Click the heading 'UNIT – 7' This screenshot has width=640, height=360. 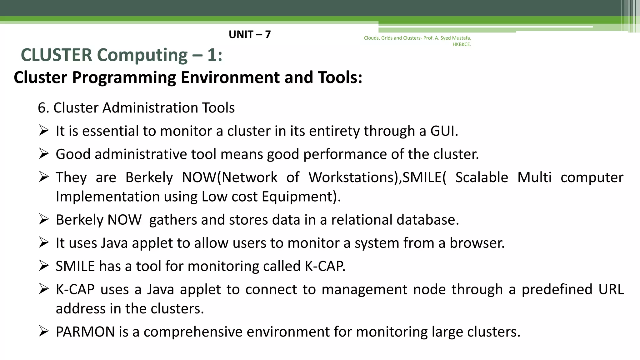(249, 34)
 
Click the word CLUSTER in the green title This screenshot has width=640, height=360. (57, 55)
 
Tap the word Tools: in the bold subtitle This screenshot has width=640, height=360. (340, 77)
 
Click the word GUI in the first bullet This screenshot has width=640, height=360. (443, 131)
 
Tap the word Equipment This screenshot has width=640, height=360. (301, 197)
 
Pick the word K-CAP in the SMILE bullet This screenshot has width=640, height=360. (325, 266)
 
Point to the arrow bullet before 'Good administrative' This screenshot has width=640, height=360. (44, 154)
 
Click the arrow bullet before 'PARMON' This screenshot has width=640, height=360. (44, 331)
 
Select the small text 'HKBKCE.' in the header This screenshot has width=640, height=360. (462, 44)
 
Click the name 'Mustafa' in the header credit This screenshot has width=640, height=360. (461, 38)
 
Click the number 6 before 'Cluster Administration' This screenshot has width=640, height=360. (41, 108)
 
